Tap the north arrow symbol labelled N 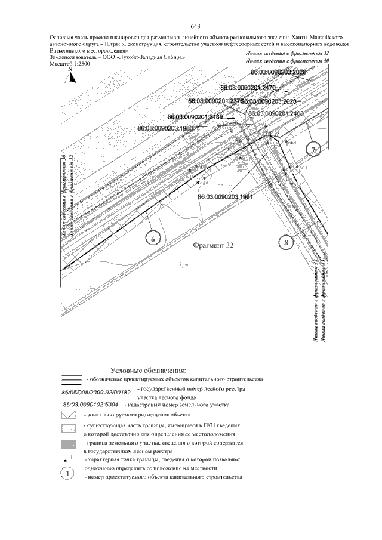(x=70, y=76)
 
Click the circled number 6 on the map (x=153, y=239)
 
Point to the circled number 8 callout (x=286, y=242)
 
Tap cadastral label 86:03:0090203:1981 (x=226, y=196)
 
